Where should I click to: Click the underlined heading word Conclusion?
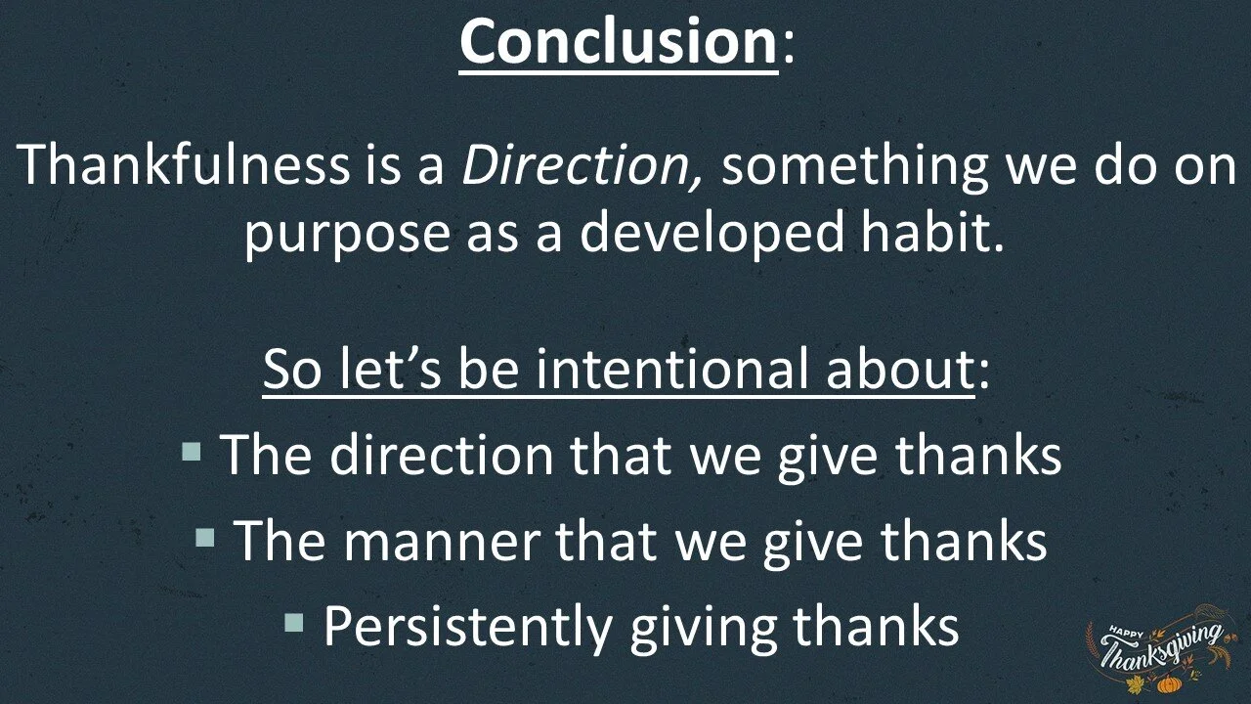point(618,41)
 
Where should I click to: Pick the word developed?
point(709,235)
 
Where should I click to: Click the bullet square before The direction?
point(192,453)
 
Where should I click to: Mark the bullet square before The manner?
point(204,537)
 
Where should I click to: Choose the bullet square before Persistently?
point(294,622)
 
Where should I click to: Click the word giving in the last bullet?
point(706,627)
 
